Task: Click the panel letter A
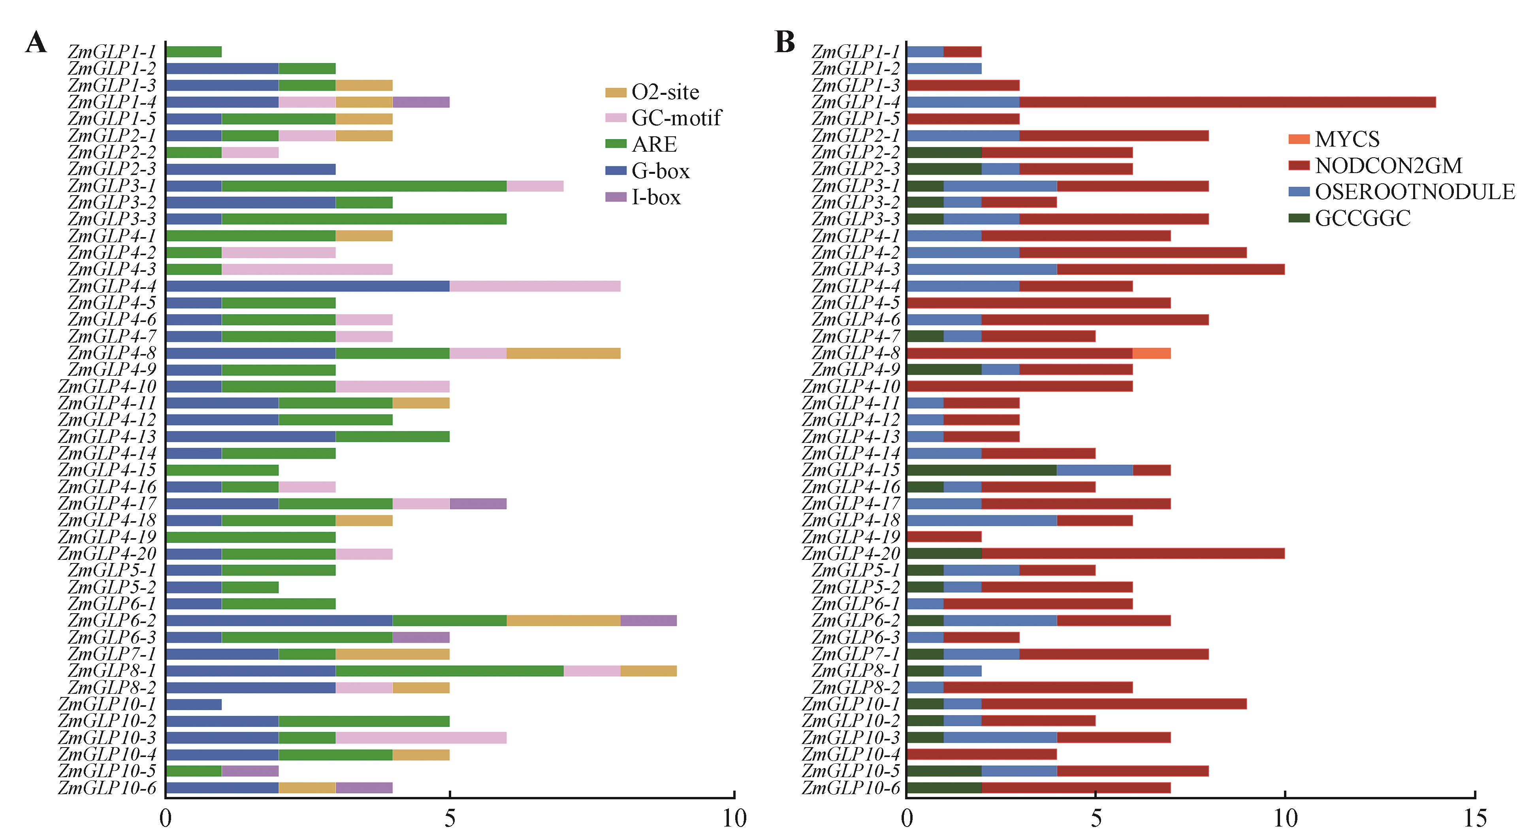click(x=36, y=43)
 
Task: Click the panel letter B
click(x=784, y=43)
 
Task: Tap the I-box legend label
click(x=656, y=197)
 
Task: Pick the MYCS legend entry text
click(x=1347, y=139)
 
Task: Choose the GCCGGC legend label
click(x=1363, y=218)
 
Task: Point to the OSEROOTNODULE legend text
click(x=1414, y=192)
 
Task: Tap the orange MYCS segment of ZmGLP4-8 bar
click(x=1151, y=353)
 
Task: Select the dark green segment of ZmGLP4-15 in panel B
click(x=981, y=470)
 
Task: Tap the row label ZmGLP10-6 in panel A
click(x=107, y=788)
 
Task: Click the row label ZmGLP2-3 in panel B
click(x=855, y=169)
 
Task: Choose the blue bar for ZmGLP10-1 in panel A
click(x=194, y=704)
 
